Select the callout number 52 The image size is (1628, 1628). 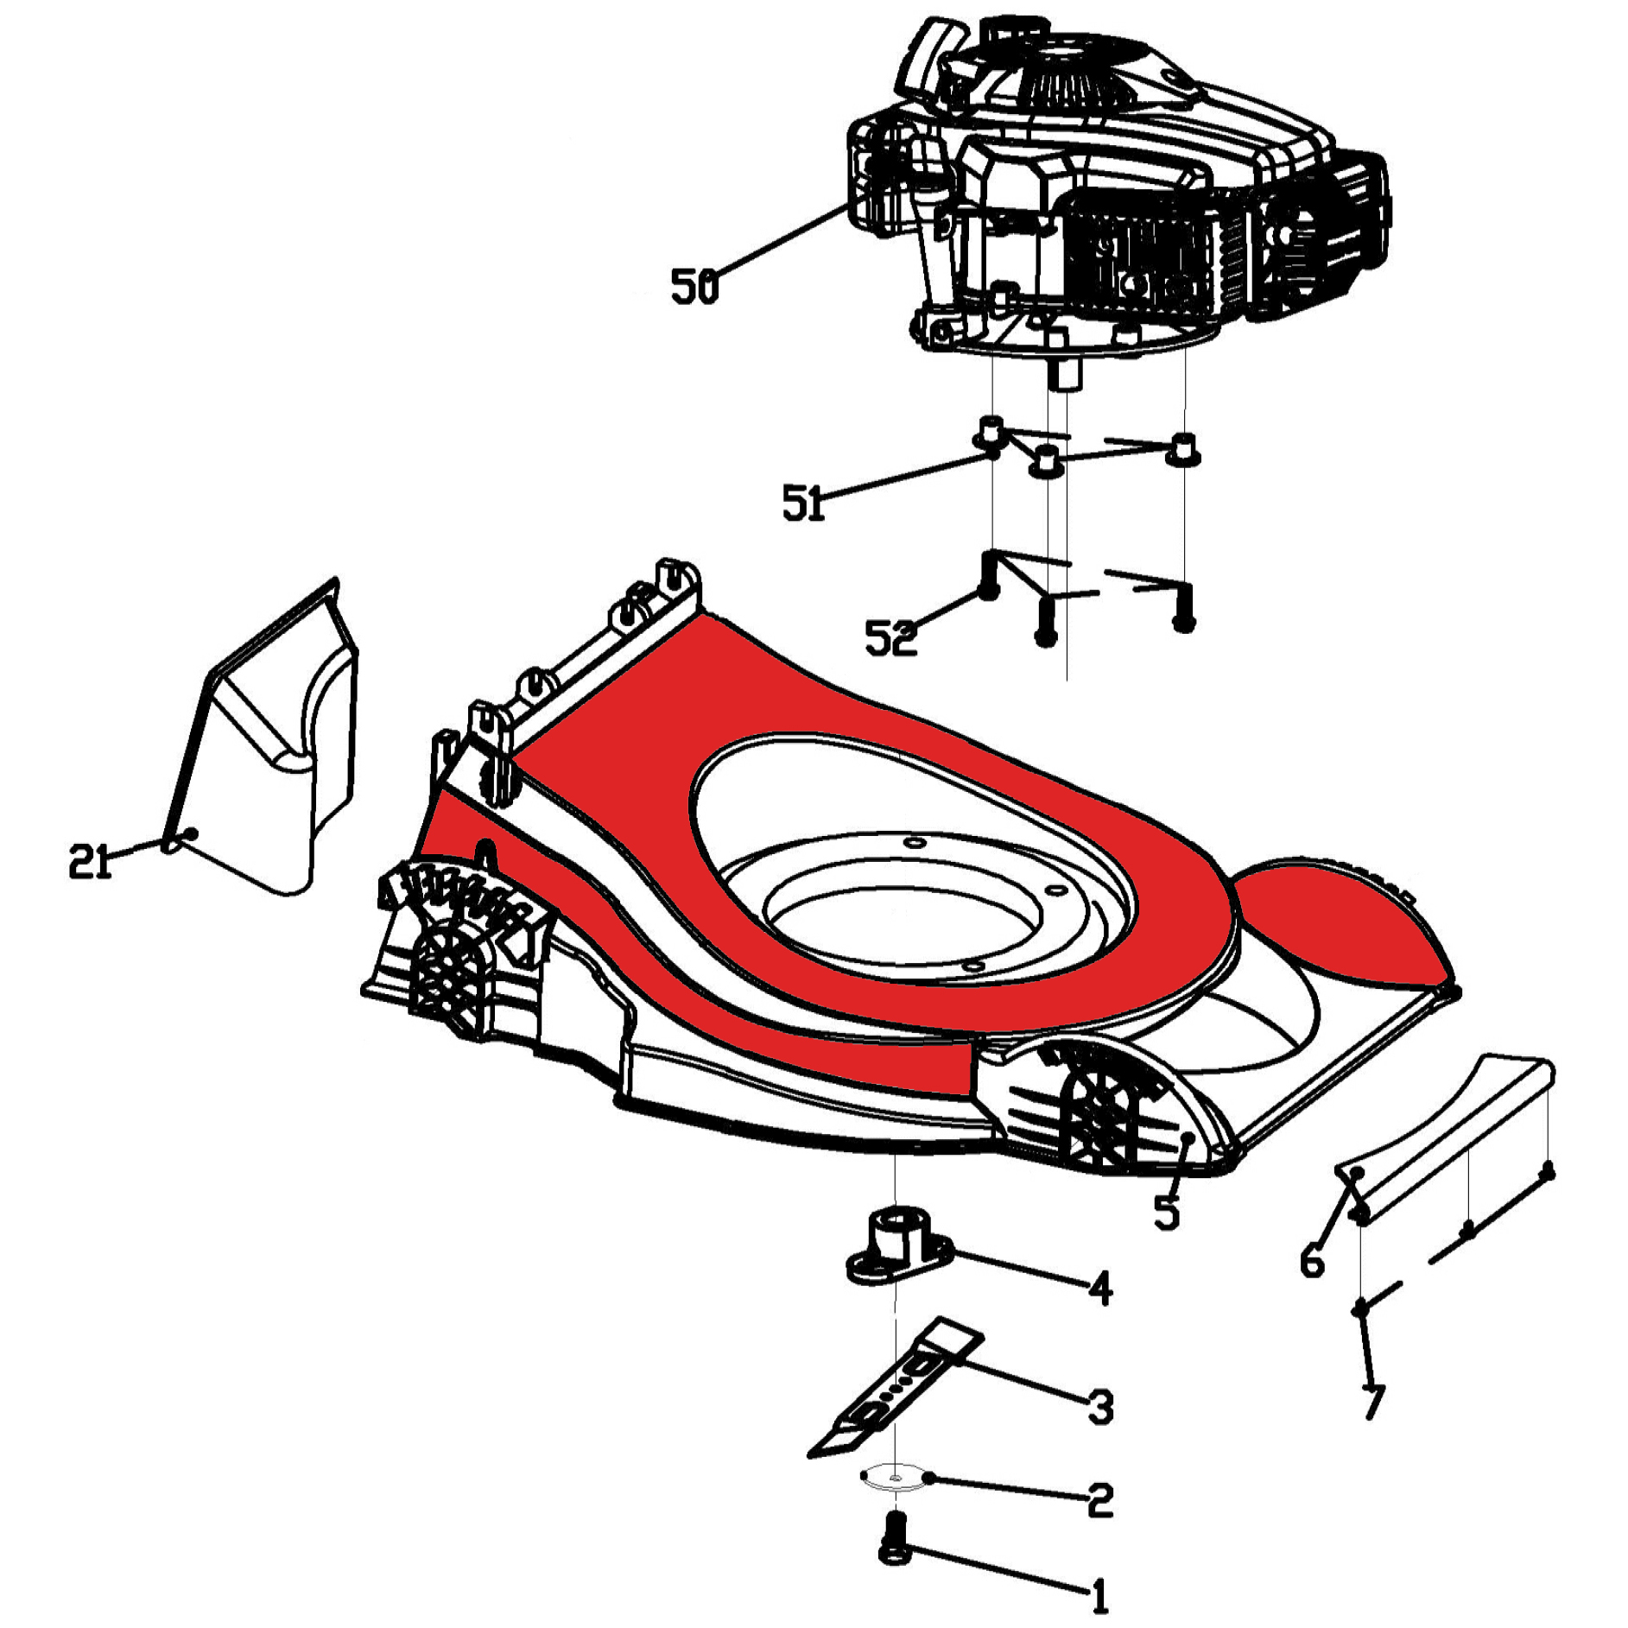(x=890, y=638)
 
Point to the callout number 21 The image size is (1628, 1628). (x=91, y=861)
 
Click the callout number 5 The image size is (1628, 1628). (x=1166, y=1211)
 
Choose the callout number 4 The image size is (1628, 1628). (x=1099, y=1289)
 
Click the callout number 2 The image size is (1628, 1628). (x=1099, y=1501)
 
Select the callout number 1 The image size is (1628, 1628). (x=1099, y=1597)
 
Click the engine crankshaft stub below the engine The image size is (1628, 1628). (x=1061, y=376)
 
